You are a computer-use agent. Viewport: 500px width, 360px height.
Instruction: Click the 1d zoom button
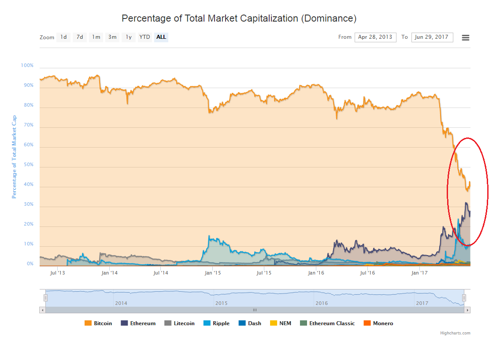tap(63, 37)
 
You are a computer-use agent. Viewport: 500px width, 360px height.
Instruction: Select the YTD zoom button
tap(144, 37)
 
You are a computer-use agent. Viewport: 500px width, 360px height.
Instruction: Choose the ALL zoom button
tap(161, 37)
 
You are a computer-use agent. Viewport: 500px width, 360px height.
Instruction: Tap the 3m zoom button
tap(112, 37)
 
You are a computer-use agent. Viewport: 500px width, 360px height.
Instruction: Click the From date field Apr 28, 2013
tap(375, 37)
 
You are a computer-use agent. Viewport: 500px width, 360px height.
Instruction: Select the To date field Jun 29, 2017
tap(432, 37)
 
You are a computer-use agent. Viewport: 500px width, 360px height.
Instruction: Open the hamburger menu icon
tap(465, 37)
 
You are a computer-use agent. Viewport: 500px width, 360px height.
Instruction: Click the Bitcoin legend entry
tap(98, 323)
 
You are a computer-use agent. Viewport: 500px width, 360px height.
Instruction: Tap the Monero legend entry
tap(378, 323)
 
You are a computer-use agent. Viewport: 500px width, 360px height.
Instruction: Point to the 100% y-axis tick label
tap(27, 66)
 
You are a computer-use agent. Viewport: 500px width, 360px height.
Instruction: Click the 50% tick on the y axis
tap(28, 165)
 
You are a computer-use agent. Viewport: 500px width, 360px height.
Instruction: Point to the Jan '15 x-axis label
tap(213, 273)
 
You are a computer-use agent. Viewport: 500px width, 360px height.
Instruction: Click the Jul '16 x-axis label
tap(367, 273)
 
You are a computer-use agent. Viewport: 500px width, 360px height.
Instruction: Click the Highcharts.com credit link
tap(455, 333)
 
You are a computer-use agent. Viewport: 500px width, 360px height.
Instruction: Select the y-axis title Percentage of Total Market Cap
tap(14, 156)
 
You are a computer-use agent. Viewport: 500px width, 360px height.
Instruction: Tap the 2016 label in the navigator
tap(321, 303)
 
